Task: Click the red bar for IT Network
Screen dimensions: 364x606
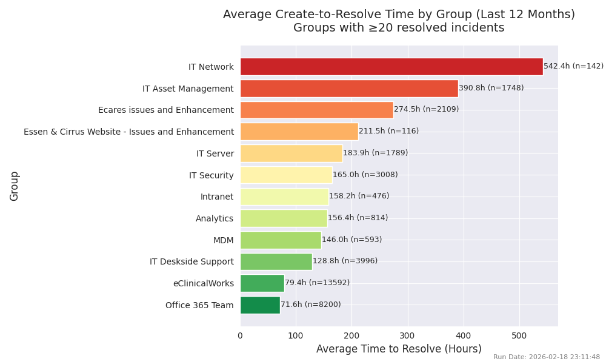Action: pyautogui.click(x=391, y=67)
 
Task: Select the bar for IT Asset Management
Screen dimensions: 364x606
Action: pyautogui.click(x=349, y=89)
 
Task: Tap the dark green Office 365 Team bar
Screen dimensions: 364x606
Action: pyautogui.click(x=260, y=305)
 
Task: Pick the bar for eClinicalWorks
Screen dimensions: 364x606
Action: pyautogui.click(x=262, y=283)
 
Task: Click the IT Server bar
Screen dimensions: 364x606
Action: pyautogui.click(x=291, y=153)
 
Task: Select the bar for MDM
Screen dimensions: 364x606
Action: pyautogui.click(x=281, y=240)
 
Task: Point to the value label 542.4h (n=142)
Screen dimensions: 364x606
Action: pyautogui.click(x=573, y=67)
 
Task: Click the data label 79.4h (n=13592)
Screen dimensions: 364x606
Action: pyautogui.click(x=317, y=283)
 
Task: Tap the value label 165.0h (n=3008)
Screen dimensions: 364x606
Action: pyautogui.click(x=365, y=175)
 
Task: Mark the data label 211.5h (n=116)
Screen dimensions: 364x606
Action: pyautogui.click(x=388, y=132)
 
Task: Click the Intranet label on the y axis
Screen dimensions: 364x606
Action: pyautogui.click(x=217, y=197)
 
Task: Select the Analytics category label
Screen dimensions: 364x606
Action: pyautogui.click(x=215, y=218)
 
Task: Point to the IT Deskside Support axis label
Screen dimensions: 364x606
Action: pyautogui.click(x=191, y=262)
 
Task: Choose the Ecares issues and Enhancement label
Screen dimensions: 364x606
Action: pyautogui.click(x=166, y=110)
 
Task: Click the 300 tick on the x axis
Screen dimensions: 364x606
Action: pyautogui.click(x=407, y=335)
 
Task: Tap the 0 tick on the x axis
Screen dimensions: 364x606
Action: pyautogui.click(x=240, y=335)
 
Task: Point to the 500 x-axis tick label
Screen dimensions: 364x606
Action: pyautogui.click(x=519, y=335)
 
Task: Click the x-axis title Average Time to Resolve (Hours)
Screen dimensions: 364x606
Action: pyautogui.click(x=399, y=349)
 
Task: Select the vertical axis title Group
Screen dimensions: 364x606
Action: pyautogui.click(x=15, y=186)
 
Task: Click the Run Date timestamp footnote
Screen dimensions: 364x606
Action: pyautogui.click(x=546, y=357)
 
